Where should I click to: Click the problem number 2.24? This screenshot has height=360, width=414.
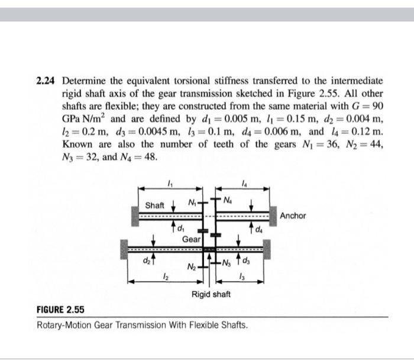click(x=47, y=80)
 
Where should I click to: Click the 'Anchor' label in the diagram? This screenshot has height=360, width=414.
click(x=293, y=216)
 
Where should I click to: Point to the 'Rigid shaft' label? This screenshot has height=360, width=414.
click(x=211, y=294)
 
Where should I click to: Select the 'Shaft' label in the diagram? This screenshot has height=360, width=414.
click(x=155, y=205)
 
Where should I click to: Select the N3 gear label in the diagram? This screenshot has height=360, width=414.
click(x=228, y=263)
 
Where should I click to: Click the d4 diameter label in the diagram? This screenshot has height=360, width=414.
click(x=261, y=226)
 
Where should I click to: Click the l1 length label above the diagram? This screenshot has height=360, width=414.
click(x=171, y=182)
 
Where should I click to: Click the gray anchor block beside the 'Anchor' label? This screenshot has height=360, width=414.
click(x=273, y=216)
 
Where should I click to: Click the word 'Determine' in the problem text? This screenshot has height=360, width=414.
click(x=85, y=80)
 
